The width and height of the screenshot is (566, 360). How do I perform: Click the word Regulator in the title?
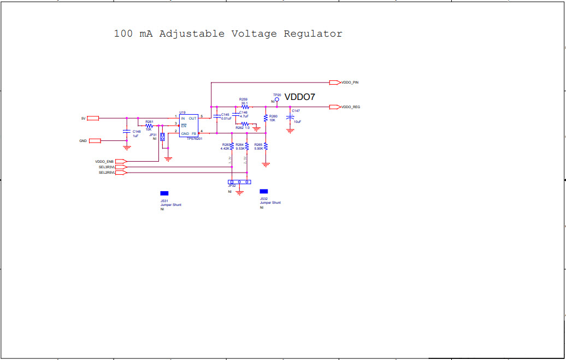coord(313,34)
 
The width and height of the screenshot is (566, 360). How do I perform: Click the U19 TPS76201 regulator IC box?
coord(188,126)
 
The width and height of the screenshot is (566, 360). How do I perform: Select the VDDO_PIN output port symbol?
coord(334,82)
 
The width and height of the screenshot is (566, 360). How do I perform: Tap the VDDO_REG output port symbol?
coord(334,107)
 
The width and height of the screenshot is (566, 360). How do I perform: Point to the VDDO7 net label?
coord(299,97)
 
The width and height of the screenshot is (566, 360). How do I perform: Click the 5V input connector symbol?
coord(93,118)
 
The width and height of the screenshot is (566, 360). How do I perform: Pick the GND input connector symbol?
coord(95,141)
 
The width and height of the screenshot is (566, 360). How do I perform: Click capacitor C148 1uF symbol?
coord(127,132)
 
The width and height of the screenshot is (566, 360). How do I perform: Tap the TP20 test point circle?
coord(277,100)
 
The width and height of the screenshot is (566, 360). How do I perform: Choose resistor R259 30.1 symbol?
coord(244,107)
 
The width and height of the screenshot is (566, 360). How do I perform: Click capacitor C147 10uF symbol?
coord(290,117)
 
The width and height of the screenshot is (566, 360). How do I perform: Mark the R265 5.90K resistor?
coord(266,146)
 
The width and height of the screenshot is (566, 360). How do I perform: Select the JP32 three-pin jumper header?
coord(239,182)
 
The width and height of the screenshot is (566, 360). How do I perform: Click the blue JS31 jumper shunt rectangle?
coord(164,193)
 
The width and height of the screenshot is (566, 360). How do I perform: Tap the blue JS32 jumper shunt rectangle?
coord(264,191)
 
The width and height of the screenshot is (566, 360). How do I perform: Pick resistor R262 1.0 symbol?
coord(245,125)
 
